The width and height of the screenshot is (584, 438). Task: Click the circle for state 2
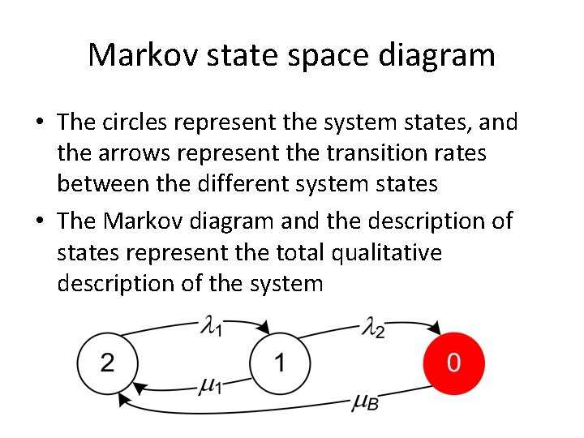pyautogui.click(x=108, y=363)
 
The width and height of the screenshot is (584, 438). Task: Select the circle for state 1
pyautogui.click(x=281, y=363)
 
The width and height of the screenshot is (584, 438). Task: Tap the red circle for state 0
pyautogui.click(x=453, y=363)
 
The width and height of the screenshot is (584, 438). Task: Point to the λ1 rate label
pyautogui.click(x=213, y=327)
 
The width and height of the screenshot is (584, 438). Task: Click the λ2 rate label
pyautogui.click(x=372, y=328)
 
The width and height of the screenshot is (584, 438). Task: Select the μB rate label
pyautogui.click(x=365, y=401)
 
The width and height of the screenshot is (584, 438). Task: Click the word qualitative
pyautogui.click(x=387, y=253)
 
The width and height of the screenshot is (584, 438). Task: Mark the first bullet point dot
pyautogui.click(x=39, y=123)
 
